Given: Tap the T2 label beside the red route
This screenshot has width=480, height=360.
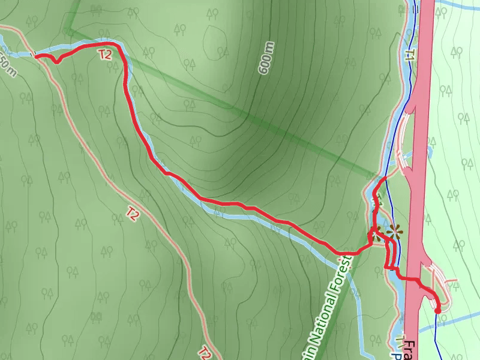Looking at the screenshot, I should click(x=106, y=55).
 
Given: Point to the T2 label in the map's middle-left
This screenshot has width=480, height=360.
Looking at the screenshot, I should click(x=133, y=212).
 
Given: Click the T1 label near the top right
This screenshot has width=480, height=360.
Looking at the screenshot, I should click(x=410, y=56).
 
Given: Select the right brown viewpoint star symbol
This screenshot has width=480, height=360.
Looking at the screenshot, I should click(x=394, y=230).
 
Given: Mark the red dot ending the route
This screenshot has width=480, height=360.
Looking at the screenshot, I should click(x=437, y=310).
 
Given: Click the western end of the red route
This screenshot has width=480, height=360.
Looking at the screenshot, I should click(x=36, y=56).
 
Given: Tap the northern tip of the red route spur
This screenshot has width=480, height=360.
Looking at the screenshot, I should click(x=384, y=179).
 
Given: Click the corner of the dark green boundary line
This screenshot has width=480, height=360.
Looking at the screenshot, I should click(x=68, y=29).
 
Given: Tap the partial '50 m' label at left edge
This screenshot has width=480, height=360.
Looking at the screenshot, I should click(x=7, y=65).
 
